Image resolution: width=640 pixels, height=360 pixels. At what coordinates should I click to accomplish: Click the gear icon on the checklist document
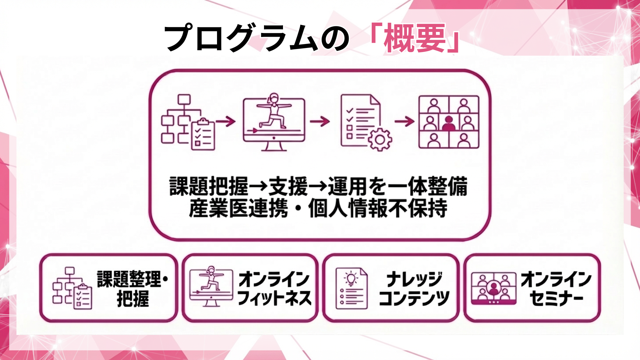coord(380,139)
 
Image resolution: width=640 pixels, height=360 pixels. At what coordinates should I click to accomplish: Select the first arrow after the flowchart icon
coord(226,121)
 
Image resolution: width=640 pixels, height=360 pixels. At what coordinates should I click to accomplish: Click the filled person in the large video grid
coord(449,123)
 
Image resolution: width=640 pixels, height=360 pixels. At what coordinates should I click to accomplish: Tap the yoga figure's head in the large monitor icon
coord(274,98)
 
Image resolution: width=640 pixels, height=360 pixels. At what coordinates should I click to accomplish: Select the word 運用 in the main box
coord(347,187)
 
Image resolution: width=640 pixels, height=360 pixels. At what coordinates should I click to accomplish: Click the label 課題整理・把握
coord(133,288)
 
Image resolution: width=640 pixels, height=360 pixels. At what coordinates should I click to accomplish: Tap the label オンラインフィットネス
coord(274,288)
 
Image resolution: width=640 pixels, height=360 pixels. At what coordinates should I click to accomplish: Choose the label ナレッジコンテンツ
coord(414,288)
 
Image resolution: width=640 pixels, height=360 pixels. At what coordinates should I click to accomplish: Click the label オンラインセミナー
coord(556,288)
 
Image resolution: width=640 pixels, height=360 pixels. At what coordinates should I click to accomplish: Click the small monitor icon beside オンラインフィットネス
coord(211,287)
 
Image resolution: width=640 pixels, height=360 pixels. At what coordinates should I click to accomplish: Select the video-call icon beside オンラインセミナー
coord(493,288)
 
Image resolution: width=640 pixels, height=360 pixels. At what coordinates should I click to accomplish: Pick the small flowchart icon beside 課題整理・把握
coord(72,288)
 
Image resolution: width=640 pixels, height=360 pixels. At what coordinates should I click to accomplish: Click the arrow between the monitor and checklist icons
coord(320,121)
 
